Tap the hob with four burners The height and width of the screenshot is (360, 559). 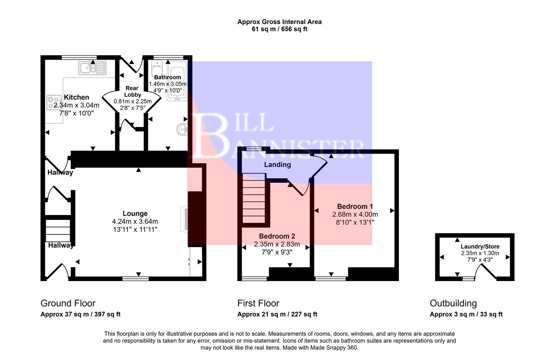click(54, 102)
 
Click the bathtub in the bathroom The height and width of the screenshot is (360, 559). click(177, 80)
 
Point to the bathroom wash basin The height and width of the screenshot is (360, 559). click(183, 130)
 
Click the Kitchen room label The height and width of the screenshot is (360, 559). click(76, 97)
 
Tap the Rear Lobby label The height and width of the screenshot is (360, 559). click(132, 91)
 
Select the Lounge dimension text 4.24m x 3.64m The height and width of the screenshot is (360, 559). click(135, 221)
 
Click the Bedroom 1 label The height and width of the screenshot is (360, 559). click(355, 206)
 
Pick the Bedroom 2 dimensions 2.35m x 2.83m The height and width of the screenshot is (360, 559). click(277, 244)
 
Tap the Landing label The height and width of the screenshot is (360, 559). click(277, 165)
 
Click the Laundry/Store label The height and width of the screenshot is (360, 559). click(480, 247)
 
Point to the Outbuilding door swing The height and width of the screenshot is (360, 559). click(485, 271)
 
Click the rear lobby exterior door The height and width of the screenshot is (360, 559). click(131, 64)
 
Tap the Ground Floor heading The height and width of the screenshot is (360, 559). click(68, 303)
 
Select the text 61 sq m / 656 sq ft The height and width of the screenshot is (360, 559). click(279, 29)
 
